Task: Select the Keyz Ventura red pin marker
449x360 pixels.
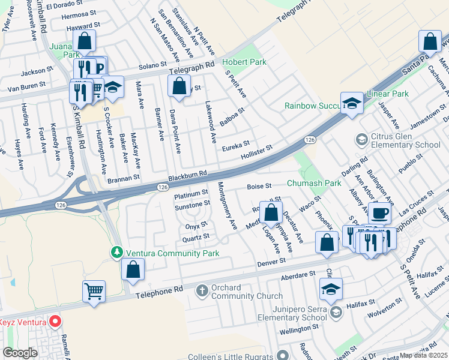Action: point(55,322)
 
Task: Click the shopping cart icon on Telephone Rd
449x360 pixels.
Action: point(94,292)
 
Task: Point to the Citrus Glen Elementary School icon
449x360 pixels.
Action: point(361,140)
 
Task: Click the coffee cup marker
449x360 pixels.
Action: point(379,213)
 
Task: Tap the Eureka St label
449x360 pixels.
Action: point(235,144)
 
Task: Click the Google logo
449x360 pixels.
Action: point(20,353)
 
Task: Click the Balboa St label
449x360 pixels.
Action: point(232,116)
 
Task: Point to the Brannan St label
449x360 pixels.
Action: point(124,178)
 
